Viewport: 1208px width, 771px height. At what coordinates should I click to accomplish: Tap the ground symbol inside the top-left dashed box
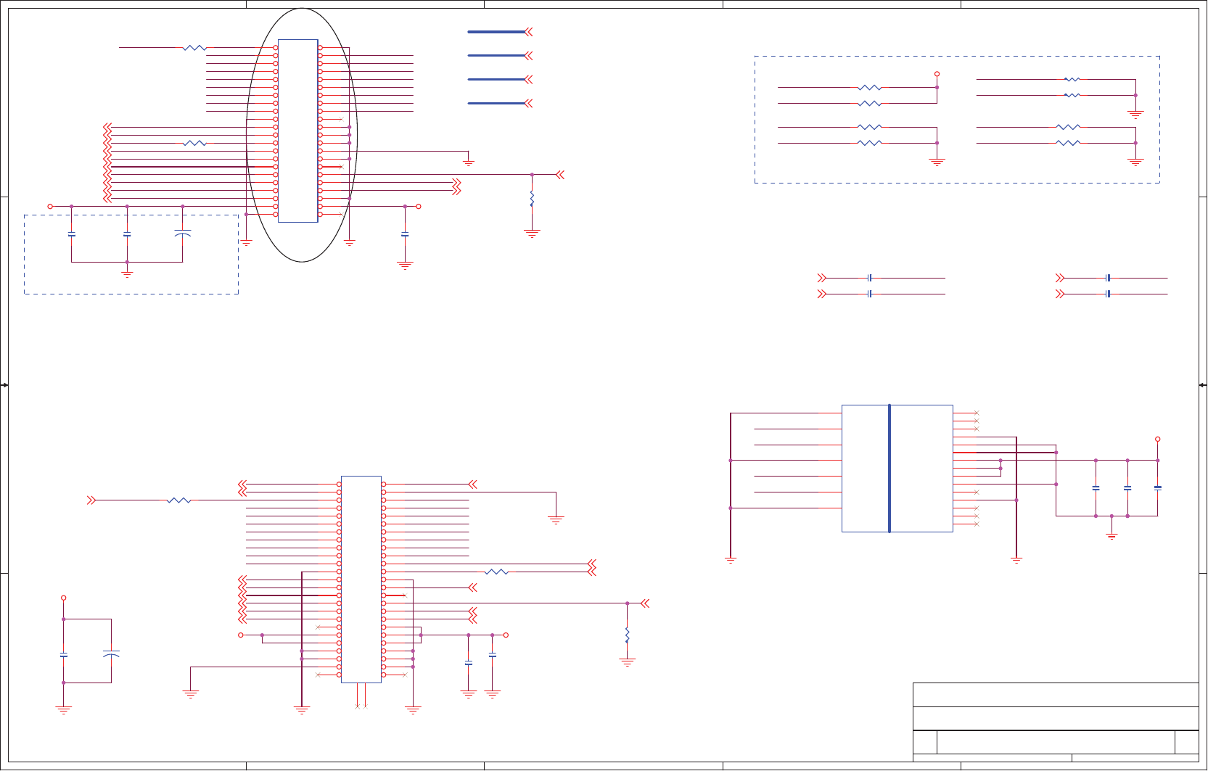[127, 273]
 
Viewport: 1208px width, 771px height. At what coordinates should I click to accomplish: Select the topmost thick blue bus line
[496, 32]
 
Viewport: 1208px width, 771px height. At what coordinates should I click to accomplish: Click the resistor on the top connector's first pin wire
[194, 48]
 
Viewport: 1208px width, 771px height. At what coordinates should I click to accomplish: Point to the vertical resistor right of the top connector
[532, 198]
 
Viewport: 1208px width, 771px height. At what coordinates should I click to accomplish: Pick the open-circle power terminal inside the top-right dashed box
[937, 74]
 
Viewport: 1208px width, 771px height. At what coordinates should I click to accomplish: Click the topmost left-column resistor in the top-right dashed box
[869, 88]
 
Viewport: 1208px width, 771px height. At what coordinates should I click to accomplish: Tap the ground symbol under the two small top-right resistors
[1135, 114]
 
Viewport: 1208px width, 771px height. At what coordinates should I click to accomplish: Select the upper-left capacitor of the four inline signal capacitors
[869, 278]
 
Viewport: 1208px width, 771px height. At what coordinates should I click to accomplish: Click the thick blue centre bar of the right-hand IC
[889, 469]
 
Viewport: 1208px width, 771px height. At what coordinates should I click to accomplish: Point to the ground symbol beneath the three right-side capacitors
[1112, 536]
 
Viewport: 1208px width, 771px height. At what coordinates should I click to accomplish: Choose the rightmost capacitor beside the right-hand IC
[1158, 488]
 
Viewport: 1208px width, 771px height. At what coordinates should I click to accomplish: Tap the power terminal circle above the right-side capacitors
[1158, 440]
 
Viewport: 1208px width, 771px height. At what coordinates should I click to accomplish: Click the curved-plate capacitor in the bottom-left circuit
[111, 654]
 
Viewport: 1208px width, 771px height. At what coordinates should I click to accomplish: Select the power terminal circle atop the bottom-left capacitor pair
[64, 598]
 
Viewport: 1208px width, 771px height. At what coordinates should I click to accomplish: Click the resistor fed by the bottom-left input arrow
[178, 500]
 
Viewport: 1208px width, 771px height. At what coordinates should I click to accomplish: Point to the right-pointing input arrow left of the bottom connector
[91, 500]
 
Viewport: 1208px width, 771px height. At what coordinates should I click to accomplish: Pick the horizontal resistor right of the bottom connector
[496, 572]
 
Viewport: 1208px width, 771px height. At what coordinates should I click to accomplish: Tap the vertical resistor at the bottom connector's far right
[627, 635]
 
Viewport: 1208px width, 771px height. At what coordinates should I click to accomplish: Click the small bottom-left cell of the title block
[924, 743]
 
